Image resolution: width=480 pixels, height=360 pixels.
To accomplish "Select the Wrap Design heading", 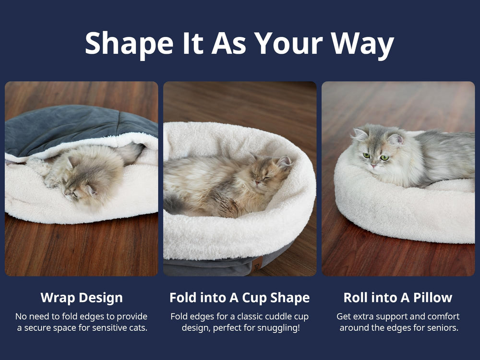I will point(82,298).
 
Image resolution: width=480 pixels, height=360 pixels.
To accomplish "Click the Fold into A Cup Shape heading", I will point(240,298).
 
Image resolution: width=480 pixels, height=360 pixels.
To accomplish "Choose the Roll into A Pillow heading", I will point(398,298).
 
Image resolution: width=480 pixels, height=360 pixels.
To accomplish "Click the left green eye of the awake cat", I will point(367,156).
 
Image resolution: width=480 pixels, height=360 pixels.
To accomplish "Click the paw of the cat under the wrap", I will point(38,166).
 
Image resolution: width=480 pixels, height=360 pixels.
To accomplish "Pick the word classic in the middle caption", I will point(239,317).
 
